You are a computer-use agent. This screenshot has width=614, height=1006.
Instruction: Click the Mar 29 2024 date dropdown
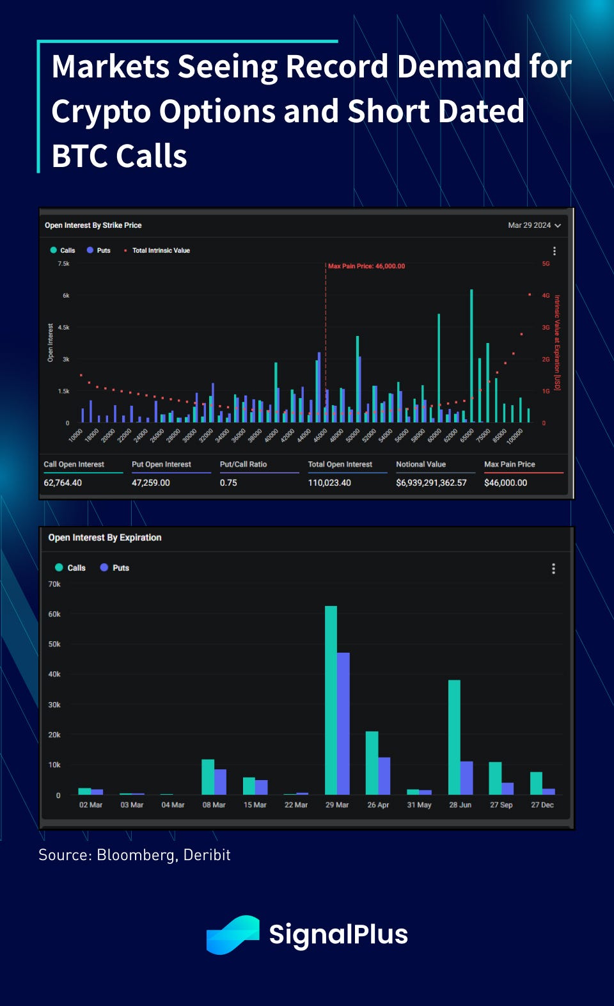point(534,225)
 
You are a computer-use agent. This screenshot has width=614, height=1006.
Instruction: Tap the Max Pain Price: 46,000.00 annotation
point(366,266)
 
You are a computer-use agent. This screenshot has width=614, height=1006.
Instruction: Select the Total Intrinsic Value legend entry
point(161,250)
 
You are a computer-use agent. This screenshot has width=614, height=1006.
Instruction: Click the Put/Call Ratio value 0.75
point(228,483)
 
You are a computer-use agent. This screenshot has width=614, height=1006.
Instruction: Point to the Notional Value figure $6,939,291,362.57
point(431,483)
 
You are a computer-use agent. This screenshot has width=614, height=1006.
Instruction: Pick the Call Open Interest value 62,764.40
point(63,483)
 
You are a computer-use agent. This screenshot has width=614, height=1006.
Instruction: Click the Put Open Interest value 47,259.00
point(151,483)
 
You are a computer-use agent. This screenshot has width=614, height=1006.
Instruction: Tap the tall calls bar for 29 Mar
point(331,700)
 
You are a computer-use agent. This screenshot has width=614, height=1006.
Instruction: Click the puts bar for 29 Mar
point(343,723)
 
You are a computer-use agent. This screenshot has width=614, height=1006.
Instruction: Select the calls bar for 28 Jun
point(454,737)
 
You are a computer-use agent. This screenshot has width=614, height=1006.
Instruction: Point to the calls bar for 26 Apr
point(372,763)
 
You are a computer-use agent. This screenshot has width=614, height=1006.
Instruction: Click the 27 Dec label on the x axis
point(542,804)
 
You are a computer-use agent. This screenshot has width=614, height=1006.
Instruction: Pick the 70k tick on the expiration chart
point(54,584)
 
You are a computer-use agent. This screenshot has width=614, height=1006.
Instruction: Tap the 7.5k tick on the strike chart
point(63,264)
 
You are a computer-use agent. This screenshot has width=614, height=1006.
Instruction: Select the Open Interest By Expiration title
point(105,538)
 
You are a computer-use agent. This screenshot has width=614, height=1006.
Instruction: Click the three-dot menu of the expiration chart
point(553,568)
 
